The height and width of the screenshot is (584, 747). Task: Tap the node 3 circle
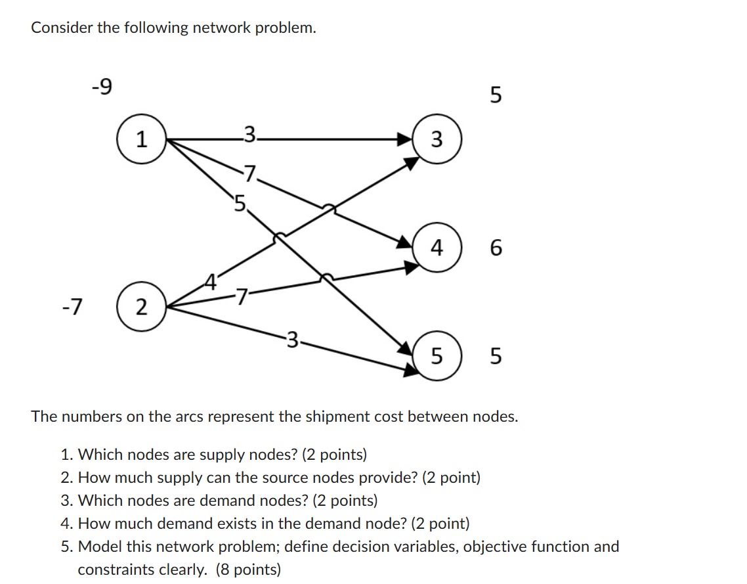(437, 139)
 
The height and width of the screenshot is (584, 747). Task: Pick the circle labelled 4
(437, 248)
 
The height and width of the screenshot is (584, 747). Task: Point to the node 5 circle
(437, 357)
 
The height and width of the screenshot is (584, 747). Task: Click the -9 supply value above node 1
(101, 87)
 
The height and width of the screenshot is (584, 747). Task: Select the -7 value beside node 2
(77, 305)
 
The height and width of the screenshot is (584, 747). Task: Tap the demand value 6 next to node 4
(496, 248)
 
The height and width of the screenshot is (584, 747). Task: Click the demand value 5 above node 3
(496, 95)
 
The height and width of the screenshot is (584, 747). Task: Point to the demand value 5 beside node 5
(496, 357)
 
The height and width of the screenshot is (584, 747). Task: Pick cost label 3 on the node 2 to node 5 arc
(294, 340)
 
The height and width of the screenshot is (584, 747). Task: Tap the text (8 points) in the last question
(248, 570)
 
